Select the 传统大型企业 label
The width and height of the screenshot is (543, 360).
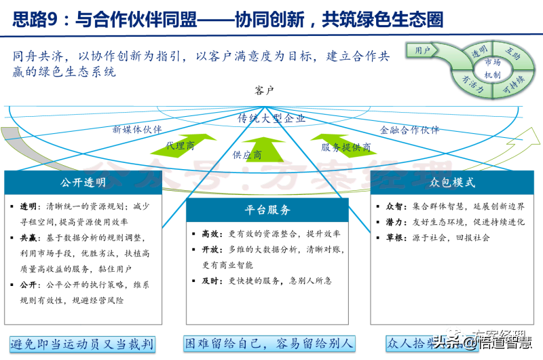tap(271, 118)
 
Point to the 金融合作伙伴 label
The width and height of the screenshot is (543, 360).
tap(409, 130)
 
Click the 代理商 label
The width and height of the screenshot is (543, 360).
tap(180, 145)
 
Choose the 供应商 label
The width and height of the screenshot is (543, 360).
tap(247, 155)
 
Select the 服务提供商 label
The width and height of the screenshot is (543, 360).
tap(346, 147)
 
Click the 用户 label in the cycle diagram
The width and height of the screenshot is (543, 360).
tap(423, 50)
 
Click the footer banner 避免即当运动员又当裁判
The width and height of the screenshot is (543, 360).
tap(82, 344)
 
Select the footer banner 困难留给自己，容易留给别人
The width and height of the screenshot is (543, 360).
tap(269, 344)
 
